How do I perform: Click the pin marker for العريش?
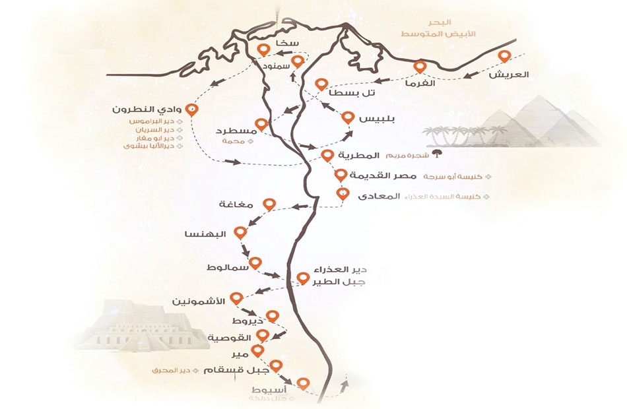505,57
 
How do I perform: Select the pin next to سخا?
264,49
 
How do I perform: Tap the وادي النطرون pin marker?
192,110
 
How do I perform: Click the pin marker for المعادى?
342,194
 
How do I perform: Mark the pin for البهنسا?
241,233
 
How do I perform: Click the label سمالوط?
228,267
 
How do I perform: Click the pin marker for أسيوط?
303,383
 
